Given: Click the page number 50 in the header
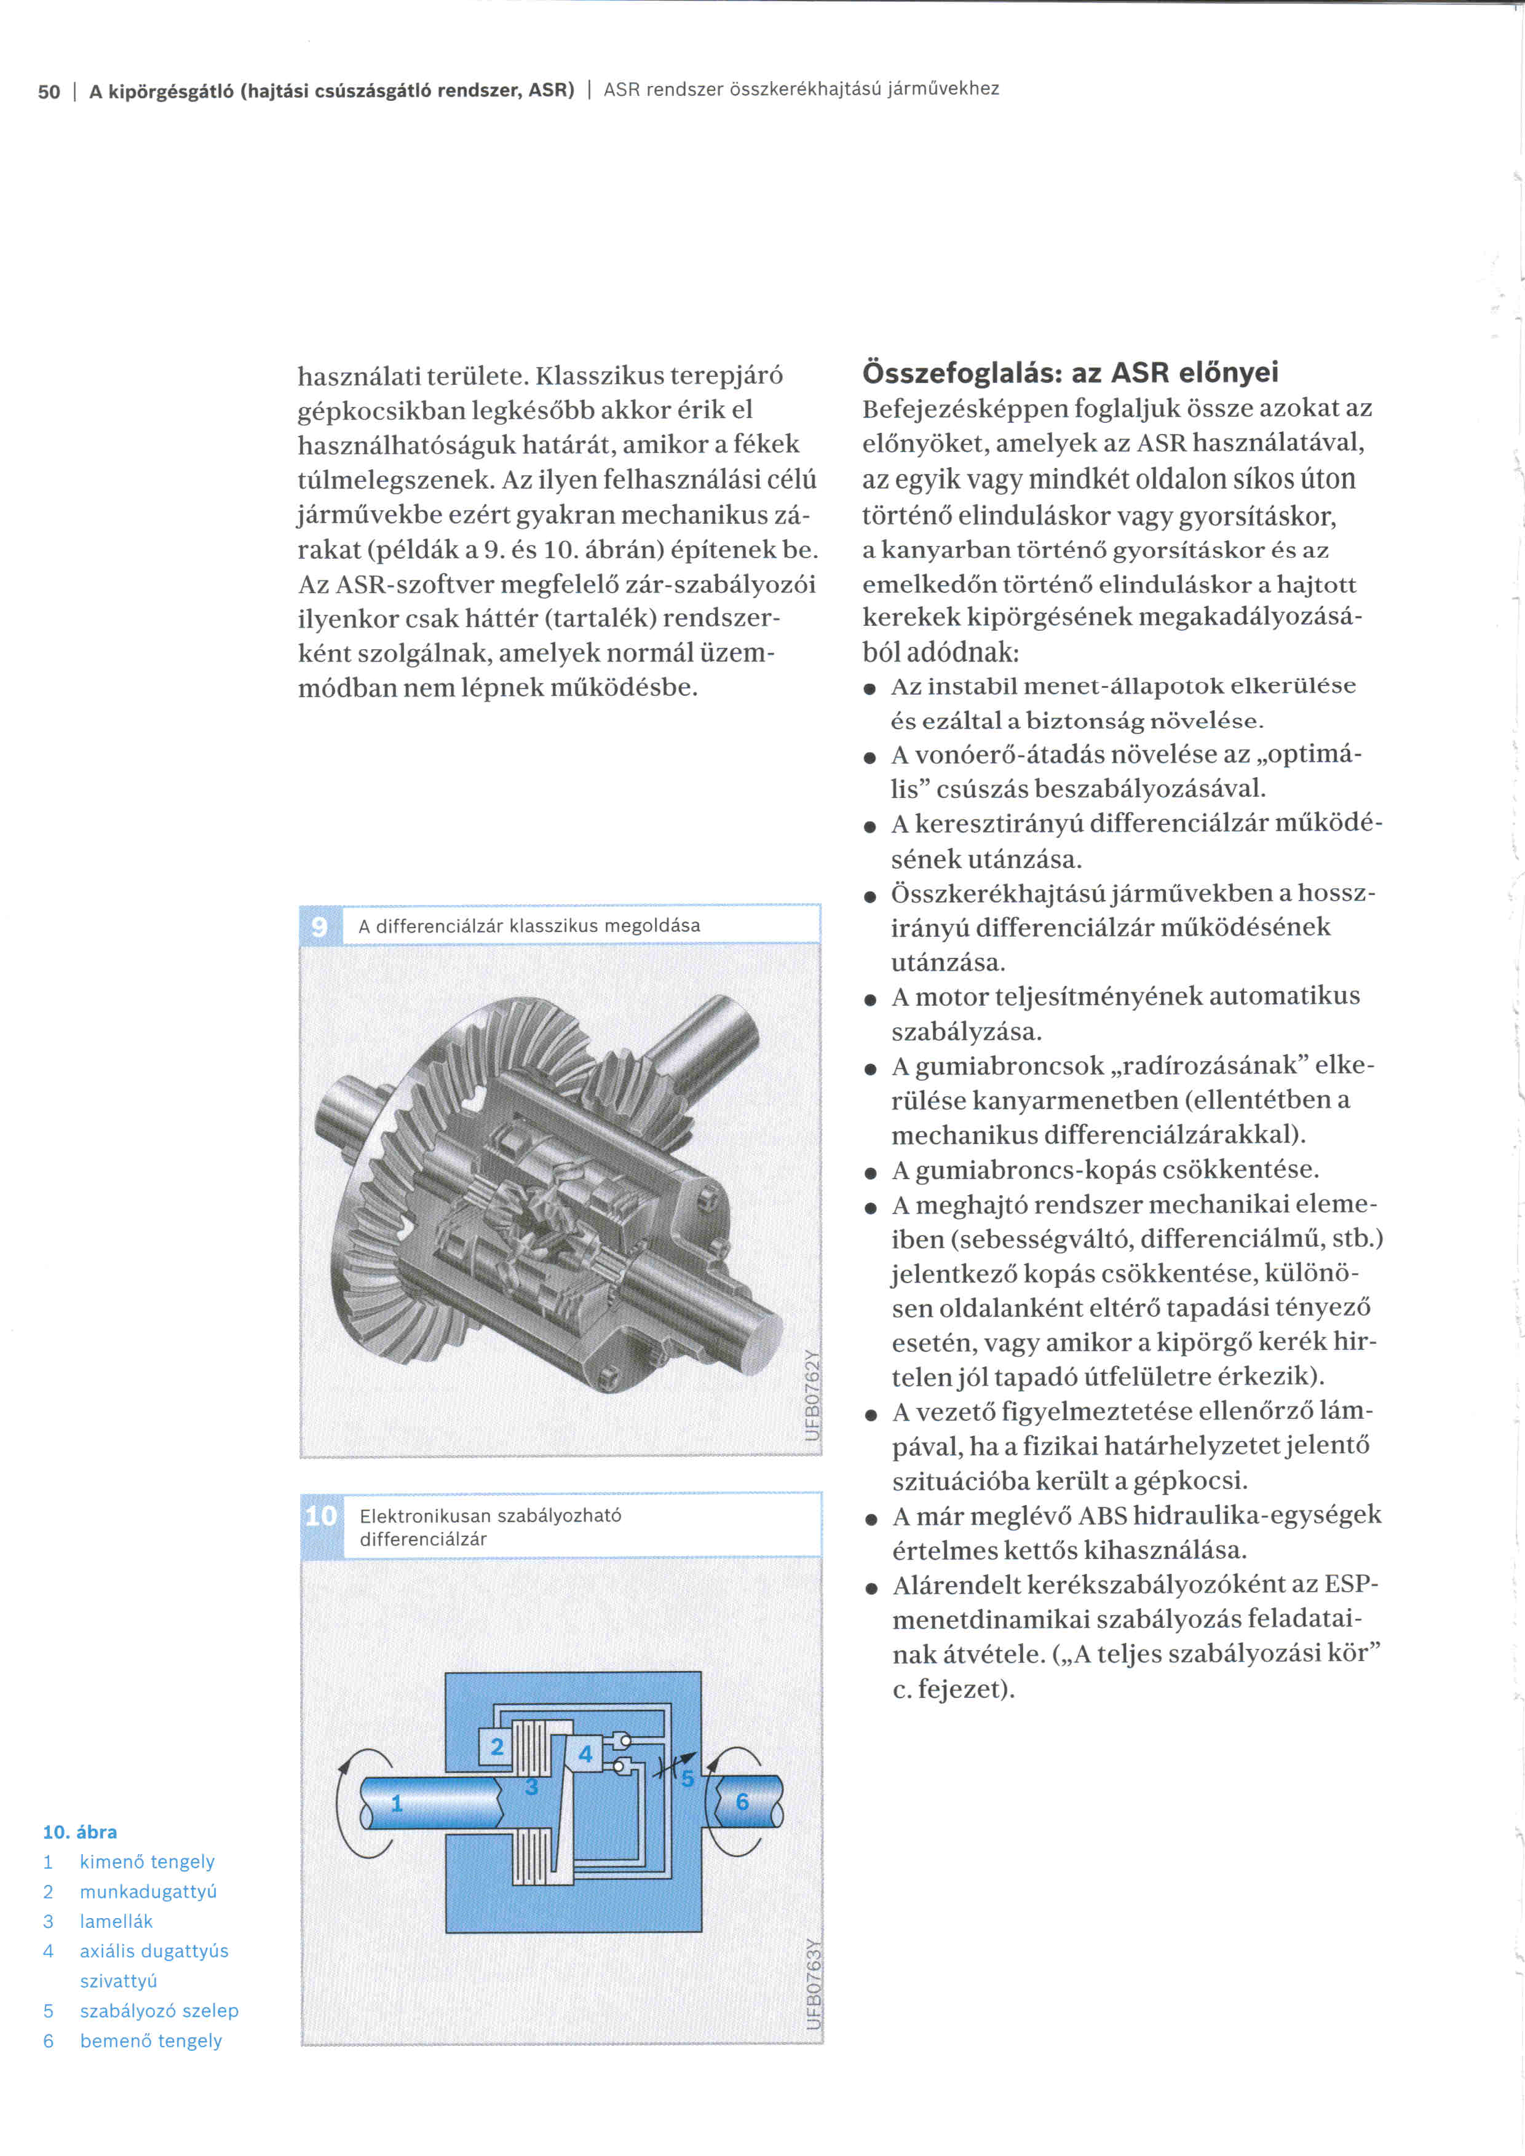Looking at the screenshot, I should pos(49,91).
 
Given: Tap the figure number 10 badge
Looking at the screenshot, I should pos(321,1515).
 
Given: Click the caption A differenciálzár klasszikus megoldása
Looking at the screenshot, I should pos(529,926).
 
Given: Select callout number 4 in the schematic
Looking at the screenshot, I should pos(585,1752).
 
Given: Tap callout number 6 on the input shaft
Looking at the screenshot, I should pos(742,1801).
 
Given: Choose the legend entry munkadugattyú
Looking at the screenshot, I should pos(148,1891).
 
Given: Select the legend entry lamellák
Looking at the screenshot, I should pos(116,1921).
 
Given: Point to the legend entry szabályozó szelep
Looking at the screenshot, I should pos(159,2010).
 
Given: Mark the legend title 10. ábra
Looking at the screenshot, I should pos(80,1831).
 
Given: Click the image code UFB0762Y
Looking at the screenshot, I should pos(813,1394).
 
